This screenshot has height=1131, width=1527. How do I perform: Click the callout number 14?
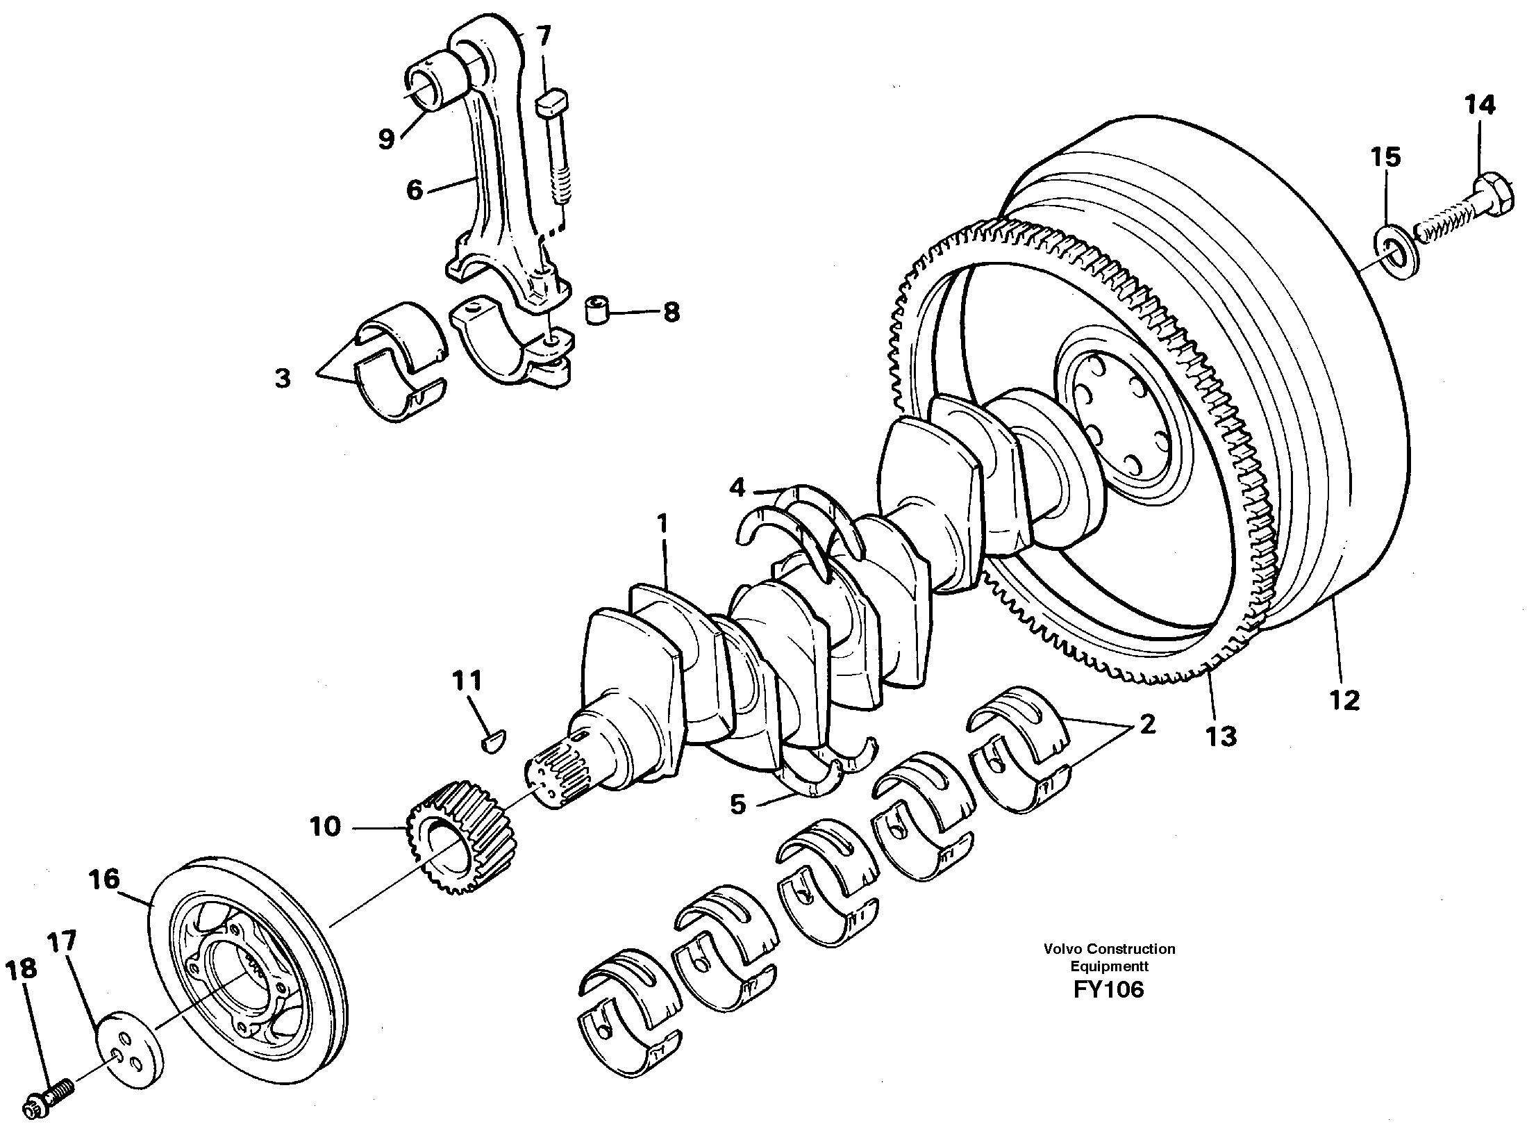tap(1479, 106)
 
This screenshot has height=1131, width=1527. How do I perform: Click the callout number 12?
tap(1344, 700)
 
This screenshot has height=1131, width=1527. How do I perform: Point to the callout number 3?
tap(283, 379)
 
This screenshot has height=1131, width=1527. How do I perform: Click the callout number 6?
tap(415, 190)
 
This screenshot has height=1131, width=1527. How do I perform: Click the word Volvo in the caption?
tap(1061, 949)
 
